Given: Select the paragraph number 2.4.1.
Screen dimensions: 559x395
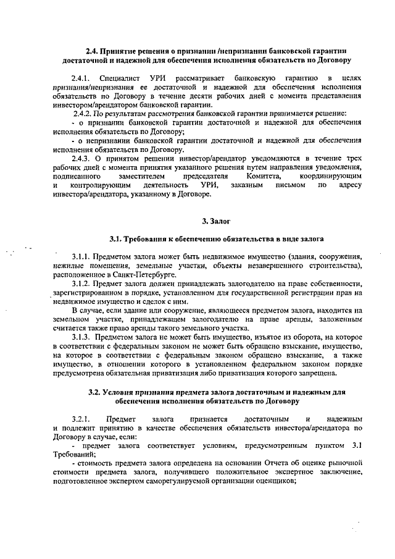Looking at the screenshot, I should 81,79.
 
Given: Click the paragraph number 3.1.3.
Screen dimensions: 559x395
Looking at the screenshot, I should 83,338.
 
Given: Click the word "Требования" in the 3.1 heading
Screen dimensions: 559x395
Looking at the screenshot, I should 143,238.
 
